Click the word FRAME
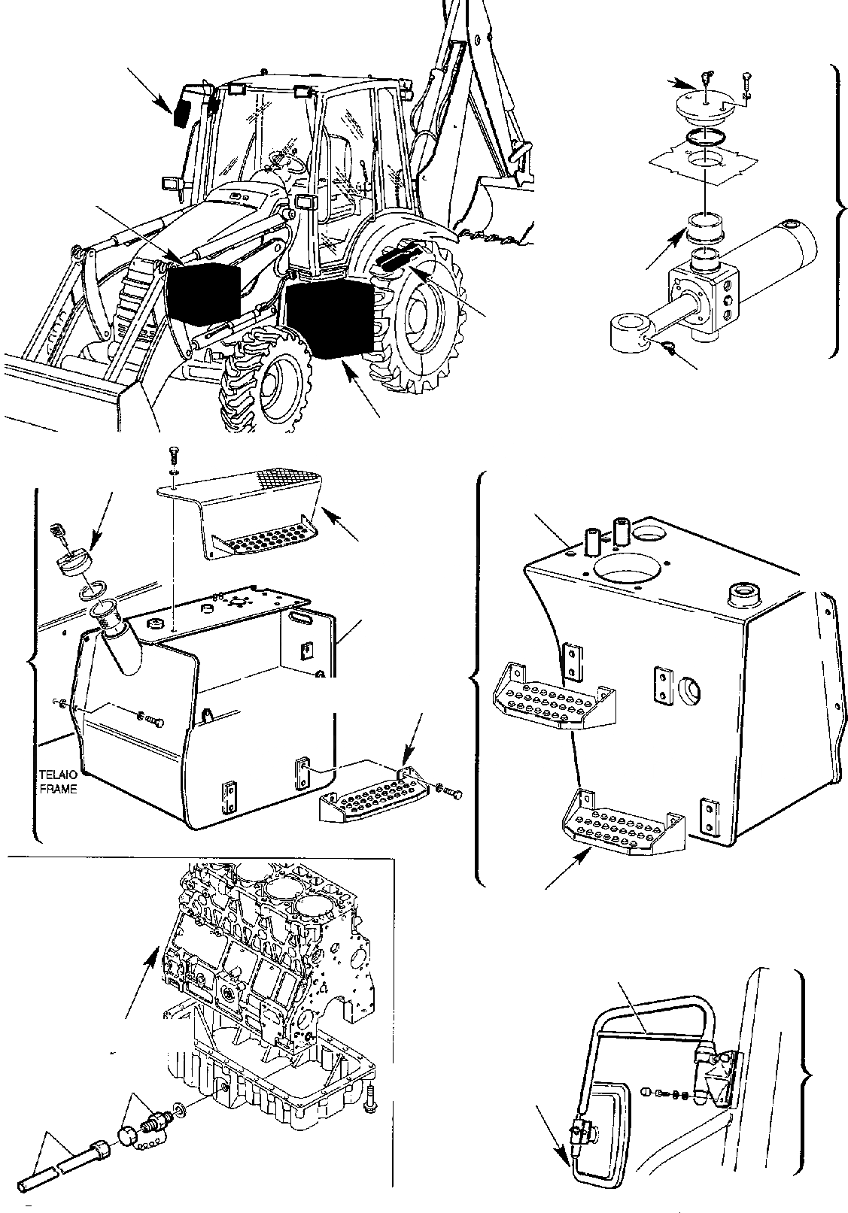(57, 790)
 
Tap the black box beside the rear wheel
(330, 316)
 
